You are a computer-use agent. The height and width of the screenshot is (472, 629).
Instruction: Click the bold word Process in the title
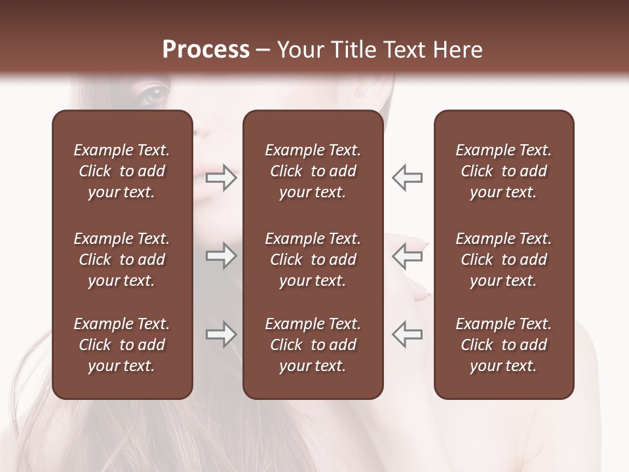(206, 50)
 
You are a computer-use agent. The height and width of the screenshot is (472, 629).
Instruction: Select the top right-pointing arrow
(221, 178)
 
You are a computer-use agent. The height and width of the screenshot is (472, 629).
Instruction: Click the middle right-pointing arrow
(221, 256)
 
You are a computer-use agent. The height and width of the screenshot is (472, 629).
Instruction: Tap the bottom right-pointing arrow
(221, 335)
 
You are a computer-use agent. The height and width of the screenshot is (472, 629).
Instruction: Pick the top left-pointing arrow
(408, 178)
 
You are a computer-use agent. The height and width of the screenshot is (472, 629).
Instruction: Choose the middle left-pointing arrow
(408, 256)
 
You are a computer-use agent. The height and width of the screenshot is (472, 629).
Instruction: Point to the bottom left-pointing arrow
(408, 335)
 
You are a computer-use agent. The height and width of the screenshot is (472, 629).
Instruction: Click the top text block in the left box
(122, 171)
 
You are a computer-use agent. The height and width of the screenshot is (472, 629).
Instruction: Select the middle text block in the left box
(122, 260)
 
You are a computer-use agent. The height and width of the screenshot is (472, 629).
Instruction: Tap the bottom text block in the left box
(122, 345)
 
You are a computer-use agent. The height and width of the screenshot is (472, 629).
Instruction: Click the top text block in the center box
(313, 171)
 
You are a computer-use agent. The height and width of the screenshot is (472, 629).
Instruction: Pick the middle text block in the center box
(313, 260)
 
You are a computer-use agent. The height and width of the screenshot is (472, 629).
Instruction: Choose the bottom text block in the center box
(313, 345)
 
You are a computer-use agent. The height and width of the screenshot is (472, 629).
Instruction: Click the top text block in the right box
(503, 171)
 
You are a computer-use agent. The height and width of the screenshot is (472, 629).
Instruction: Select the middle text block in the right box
(503, 260)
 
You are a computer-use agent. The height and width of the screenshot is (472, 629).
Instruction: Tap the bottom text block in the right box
(503, 345)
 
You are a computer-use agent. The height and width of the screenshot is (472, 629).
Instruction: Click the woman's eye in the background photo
(155, 93)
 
